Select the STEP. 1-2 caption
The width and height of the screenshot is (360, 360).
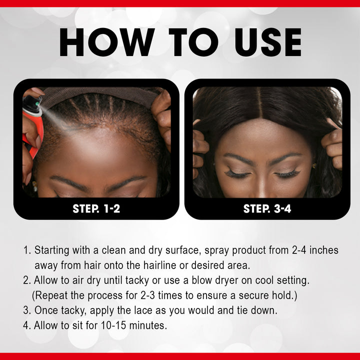click(x=96, y=208)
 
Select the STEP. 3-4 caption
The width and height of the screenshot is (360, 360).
click(x=267, y=208)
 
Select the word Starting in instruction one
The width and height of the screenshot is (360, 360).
click(x=52, y=249)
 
